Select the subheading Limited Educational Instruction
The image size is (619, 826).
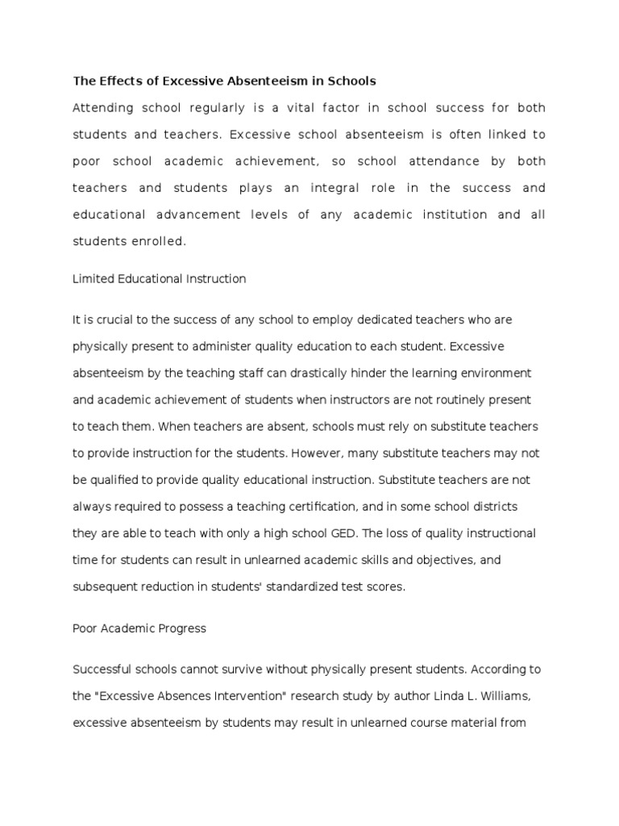click(x=159, y=279)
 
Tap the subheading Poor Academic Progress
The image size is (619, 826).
click(x=139, y=628)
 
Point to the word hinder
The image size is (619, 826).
click(x=366, y=373)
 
